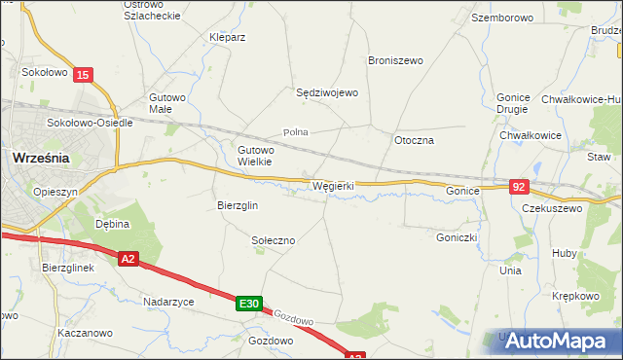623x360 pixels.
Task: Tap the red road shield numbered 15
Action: [x=85, y=75]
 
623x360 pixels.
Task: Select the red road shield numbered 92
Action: [x=519, y=186]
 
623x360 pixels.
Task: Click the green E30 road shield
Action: [x=248, y=305]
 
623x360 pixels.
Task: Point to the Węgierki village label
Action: [x=332, y=185]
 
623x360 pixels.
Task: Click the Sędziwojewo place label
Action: [x=327, y=92]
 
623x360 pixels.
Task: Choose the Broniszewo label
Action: [x=395, y=60]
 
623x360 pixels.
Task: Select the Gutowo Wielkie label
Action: [x=257, y=156]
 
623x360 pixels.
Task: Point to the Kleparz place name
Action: [x=227, y=37]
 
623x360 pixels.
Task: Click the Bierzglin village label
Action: [x=237, y=205]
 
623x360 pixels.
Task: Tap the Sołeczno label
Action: [x=273, y=239]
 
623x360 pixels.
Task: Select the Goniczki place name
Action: [x=456, y=235]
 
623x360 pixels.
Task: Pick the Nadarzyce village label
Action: [x=168, y=302]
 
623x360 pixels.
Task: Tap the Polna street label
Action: [x=295, y=131]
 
